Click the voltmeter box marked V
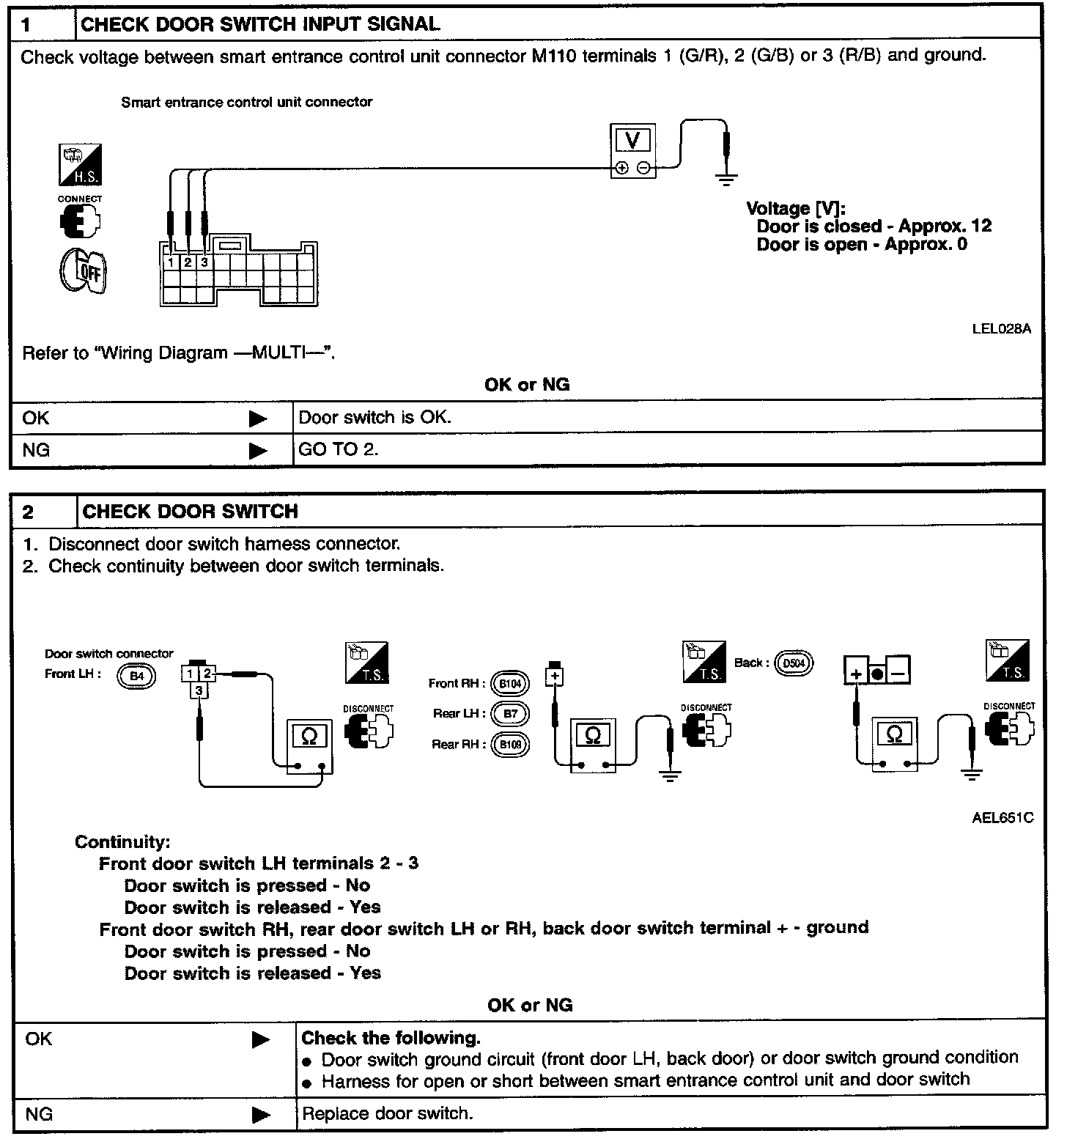tap(632, 150)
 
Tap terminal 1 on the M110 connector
tap(170, 262)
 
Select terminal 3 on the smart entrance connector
tap(204, 262)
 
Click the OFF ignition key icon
tap(83, 272)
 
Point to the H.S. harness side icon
tap(80, 165)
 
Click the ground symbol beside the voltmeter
tap(726, 178)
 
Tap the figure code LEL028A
tap(1001, 328)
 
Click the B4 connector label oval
tap(136, 676)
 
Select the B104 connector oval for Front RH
tap(510, 685)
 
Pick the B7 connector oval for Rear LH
tap(510, 714)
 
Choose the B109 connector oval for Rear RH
tap(510, 745)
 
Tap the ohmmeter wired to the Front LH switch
tap(309, 745)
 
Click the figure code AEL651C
tap(1003, 817)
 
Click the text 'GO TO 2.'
tap(339, 449)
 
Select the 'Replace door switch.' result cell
tap(387, 1113)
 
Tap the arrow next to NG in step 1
tap(258, 450)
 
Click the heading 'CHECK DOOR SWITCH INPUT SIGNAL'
tap(260, 24)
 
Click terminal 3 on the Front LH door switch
tap(199, 690)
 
